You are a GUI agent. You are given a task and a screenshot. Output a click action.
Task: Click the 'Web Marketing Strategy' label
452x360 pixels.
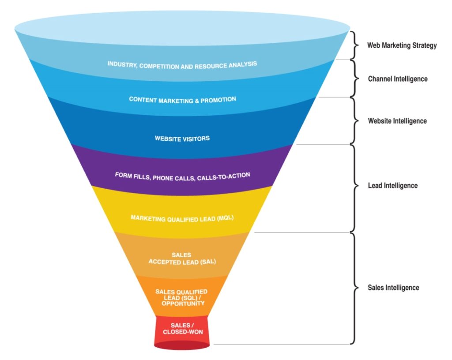click(x=402, y=45)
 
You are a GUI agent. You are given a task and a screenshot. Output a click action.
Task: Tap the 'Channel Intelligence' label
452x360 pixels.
click(x=398, y=79)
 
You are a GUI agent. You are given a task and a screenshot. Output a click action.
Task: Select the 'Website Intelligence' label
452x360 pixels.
click(x=397, y=120)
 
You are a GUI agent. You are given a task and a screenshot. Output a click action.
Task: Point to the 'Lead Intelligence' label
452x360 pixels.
click(x=392, y=185)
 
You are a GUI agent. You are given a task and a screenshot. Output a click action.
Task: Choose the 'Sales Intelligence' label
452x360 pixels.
click(x=393, y=288)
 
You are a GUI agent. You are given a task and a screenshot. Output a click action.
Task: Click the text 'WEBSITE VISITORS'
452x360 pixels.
click(x=182, y=139)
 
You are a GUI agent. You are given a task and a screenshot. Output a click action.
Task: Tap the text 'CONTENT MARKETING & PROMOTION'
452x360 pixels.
click(x=182, y=100)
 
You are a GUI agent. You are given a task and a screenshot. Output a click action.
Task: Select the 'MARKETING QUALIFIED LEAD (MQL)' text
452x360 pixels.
click(x=182, y=218)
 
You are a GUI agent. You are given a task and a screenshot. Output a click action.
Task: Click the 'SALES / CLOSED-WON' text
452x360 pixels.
click(x=182, y=329)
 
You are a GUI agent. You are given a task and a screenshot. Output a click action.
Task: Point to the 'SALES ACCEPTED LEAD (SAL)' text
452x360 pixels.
click(x=182, y=258)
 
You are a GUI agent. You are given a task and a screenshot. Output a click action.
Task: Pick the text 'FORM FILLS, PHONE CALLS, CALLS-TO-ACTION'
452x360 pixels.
click(x=182, y=176)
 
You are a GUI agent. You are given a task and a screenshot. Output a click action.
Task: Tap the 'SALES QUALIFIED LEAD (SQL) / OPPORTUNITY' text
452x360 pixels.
click(x=182, y=298)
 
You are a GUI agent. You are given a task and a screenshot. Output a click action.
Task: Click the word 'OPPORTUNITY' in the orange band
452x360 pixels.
click(x=182, y=304)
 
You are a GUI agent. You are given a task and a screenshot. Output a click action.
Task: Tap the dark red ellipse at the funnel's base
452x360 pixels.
click(x=182, y=345)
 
